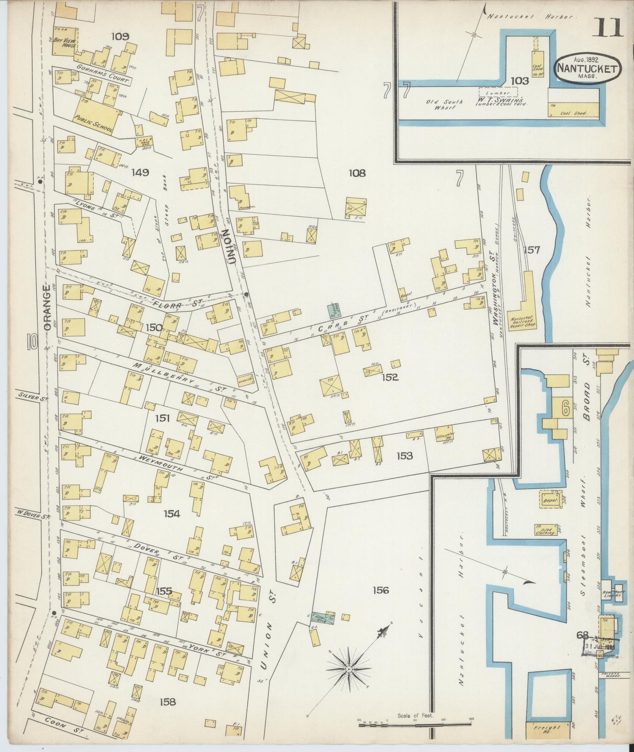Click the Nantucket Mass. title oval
point(587,68)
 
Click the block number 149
point(140,172)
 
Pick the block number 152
point(389,377)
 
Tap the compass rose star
point(348,669)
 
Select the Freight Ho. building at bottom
point(547,729)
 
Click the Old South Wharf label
point(444,105)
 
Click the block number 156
point(380,590)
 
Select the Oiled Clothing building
point(544,530)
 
